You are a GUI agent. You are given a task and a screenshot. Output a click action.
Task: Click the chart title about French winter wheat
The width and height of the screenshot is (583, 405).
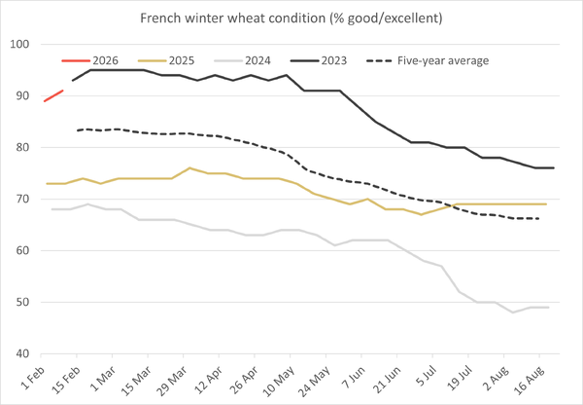(291, 18)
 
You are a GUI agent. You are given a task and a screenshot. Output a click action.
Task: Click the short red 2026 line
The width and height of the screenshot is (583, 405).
(54, 95)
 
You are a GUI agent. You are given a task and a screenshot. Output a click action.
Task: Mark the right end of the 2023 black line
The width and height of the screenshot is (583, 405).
(554, 168)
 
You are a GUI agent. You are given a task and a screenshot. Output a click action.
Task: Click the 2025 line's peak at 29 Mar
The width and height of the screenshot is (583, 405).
(189, 168)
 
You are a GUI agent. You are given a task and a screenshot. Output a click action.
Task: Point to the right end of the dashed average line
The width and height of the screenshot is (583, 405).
(540, 218)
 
